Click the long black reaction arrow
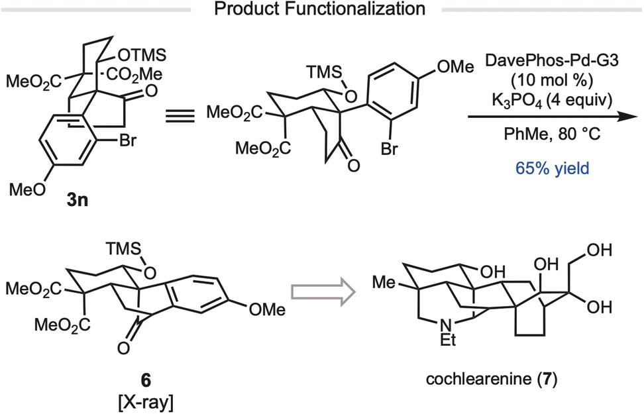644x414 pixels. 554,117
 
